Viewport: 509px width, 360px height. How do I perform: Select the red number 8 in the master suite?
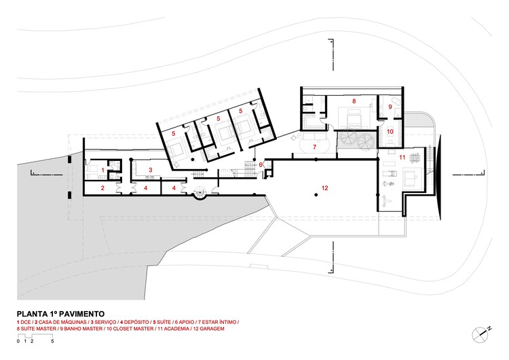(354, 101)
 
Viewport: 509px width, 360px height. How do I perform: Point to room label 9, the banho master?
(391, 107)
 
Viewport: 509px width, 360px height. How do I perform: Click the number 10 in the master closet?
(390, 132)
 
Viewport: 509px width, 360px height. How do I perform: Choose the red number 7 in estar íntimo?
(315, 146)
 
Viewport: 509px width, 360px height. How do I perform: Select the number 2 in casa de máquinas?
(102, 187)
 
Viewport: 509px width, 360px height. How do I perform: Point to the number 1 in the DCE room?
(102, 170)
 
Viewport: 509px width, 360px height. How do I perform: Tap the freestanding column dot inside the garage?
(316, 195)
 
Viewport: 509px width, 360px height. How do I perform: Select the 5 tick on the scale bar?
(52, 342)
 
